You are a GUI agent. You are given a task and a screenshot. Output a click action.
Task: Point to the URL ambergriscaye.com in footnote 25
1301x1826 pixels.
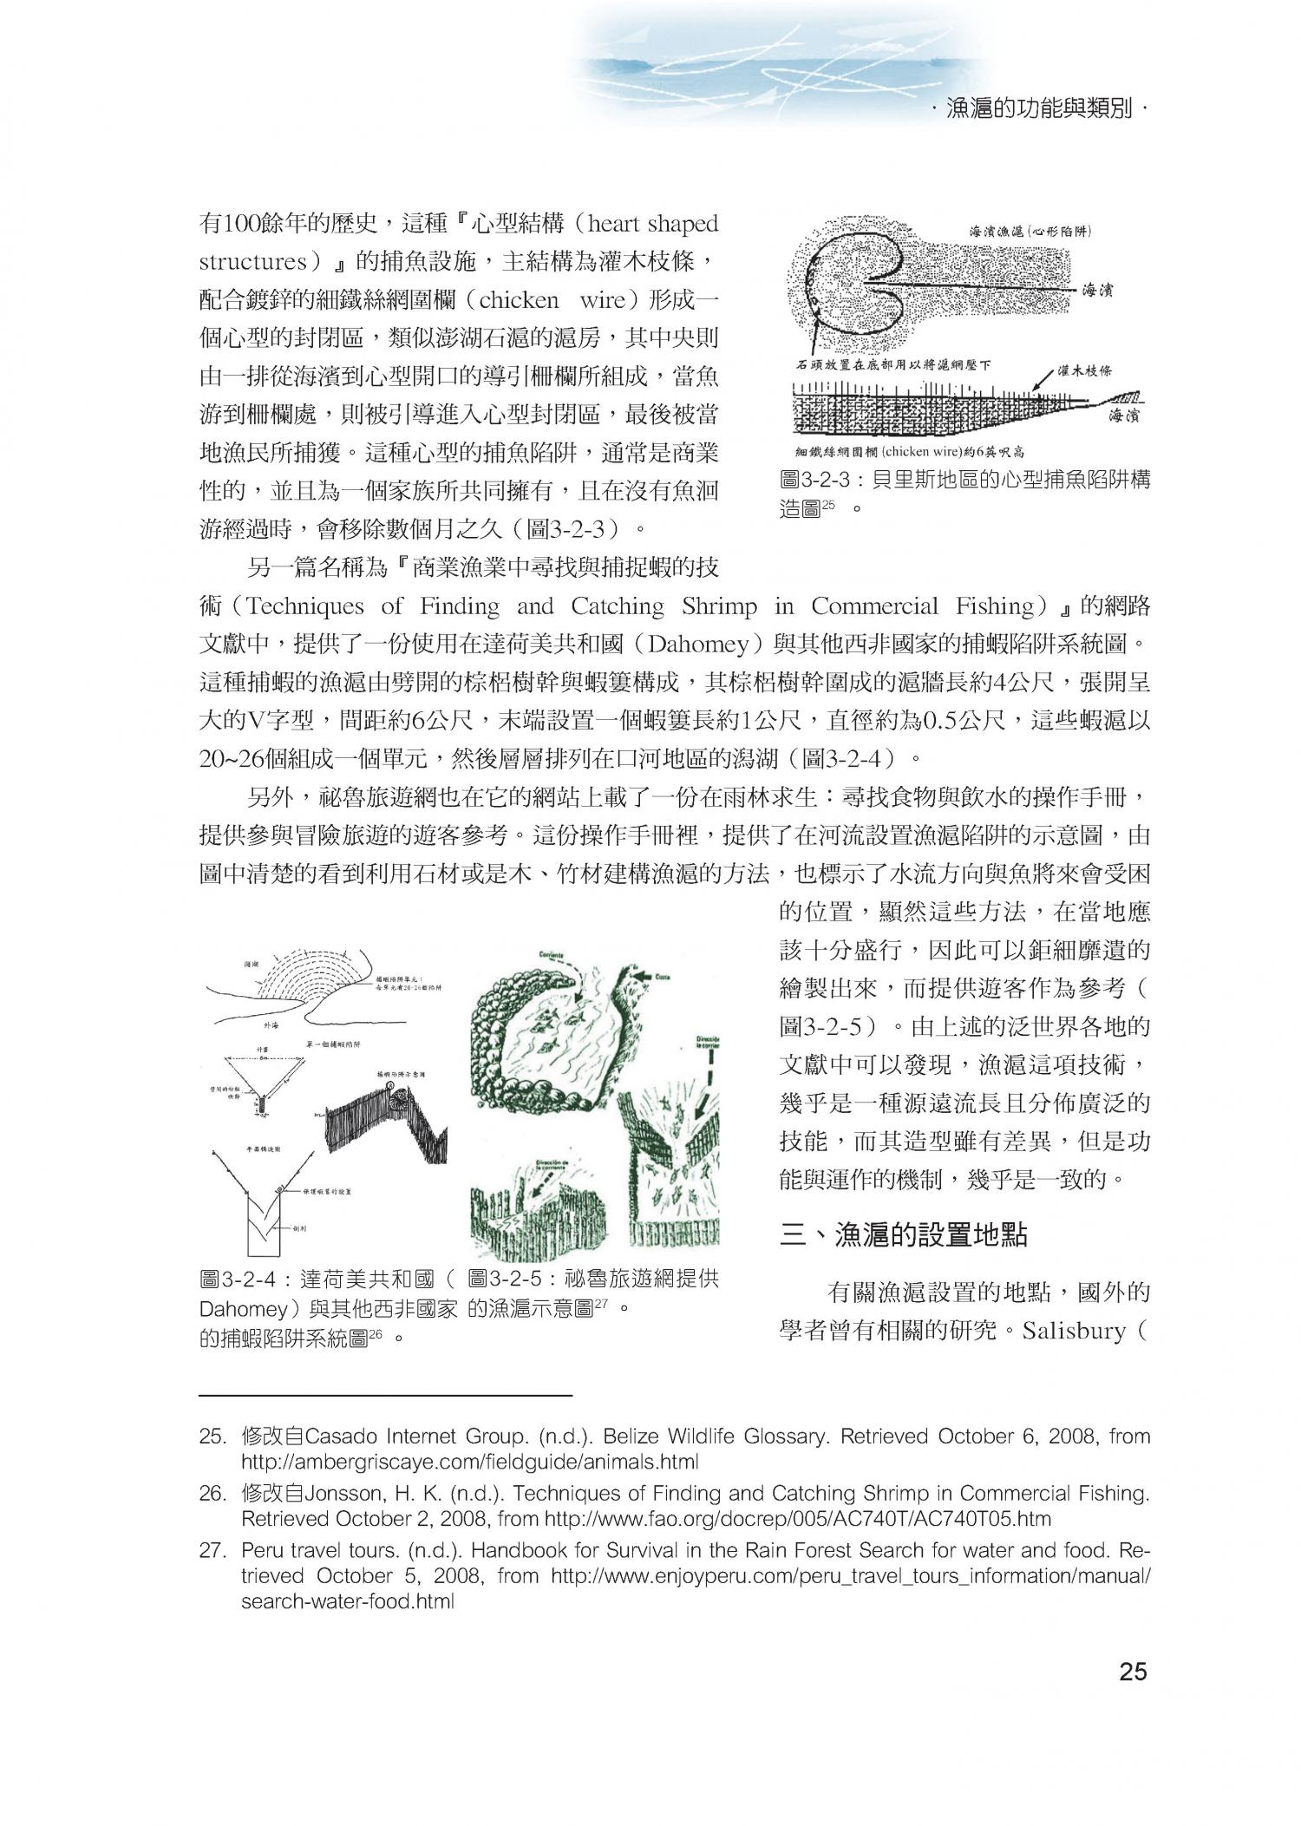470,1461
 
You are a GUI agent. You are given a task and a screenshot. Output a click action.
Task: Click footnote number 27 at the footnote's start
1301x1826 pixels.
212,1550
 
